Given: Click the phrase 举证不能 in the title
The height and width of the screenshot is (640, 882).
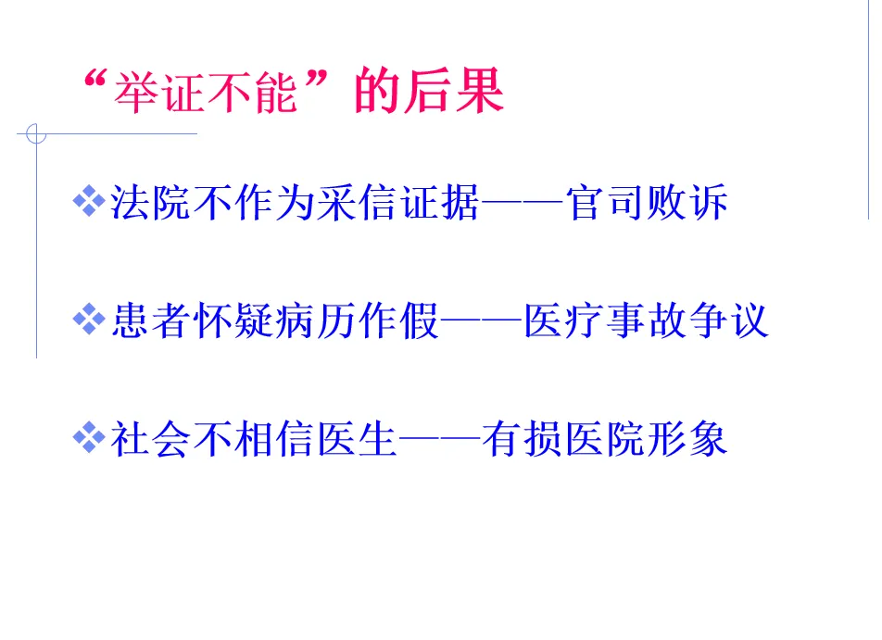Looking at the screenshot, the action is pyautogui.click(x=206, y=94).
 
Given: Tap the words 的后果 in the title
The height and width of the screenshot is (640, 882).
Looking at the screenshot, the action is pyautogui.click(x=430, y=93).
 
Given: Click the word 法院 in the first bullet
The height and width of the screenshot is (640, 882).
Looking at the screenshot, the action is pyautogui.click(x=151, y=204).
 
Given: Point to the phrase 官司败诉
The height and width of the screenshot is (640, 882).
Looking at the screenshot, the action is pyautogui.click(x=648, y=204).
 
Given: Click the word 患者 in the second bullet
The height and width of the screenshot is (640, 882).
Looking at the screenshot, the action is pyautogui.click(x=151, y=321).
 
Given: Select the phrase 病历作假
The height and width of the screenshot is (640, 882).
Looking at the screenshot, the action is pyautogui.click(x=358, y=321).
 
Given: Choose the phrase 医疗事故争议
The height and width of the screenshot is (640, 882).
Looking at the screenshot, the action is pyautogui.click(x=646, y=321).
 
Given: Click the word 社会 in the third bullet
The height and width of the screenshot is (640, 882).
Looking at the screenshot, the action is pyautogui.click(x=151, y=440).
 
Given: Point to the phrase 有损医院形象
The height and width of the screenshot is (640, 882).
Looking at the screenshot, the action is pyautogui.click(x=605, y=440).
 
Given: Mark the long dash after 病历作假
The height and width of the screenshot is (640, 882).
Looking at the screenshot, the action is pyautogui.click(x=482, y=322).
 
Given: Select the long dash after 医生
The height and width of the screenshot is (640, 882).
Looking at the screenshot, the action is pyautogui.click(x=440, y=441).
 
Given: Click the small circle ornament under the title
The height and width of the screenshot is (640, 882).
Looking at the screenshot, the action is pyautogui.click(x=36, y=134).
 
